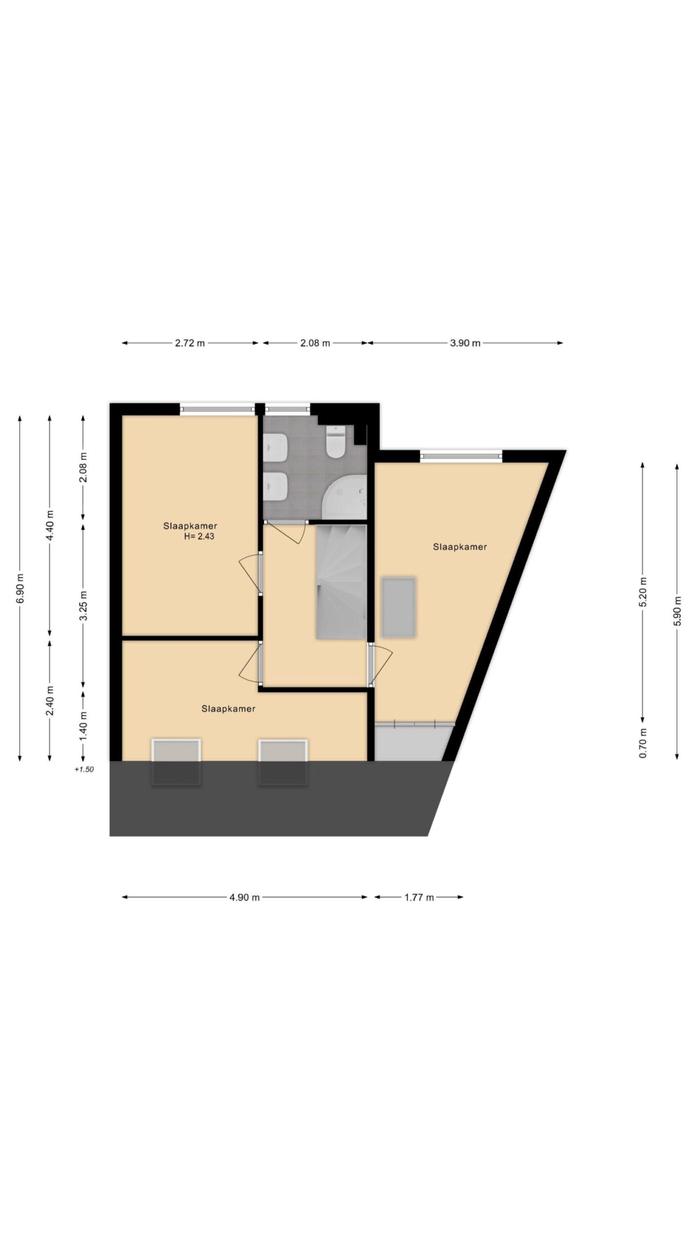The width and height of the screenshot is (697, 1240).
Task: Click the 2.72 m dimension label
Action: click(190, 343)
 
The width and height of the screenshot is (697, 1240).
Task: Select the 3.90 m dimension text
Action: click(465, 343)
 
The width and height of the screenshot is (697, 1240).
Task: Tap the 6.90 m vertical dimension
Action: click(20, 588)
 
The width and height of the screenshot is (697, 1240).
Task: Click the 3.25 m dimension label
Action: click(83, 606)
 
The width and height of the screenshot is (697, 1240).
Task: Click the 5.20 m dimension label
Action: click(643, 592)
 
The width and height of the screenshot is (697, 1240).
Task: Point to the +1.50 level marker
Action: click(84, 769)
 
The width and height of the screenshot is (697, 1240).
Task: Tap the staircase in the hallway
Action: click(341, 582)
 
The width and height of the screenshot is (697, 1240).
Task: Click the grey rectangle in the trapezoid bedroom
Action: click(398, 608)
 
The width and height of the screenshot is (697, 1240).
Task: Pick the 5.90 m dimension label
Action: click(677, 611)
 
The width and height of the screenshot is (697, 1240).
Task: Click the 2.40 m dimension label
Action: click(49, 700)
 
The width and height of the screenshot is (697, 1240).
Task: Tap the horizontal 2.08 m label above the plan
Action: click(315, 343)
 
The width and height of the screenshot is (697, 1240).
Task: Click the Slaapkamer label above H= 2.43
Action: click(190, 526)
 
